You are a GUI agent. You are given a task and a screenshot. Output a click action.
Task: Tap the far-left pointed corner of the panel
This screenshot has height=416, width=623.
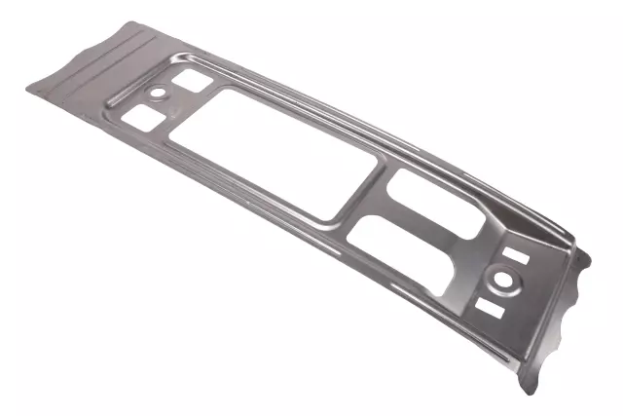[27, 89]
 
